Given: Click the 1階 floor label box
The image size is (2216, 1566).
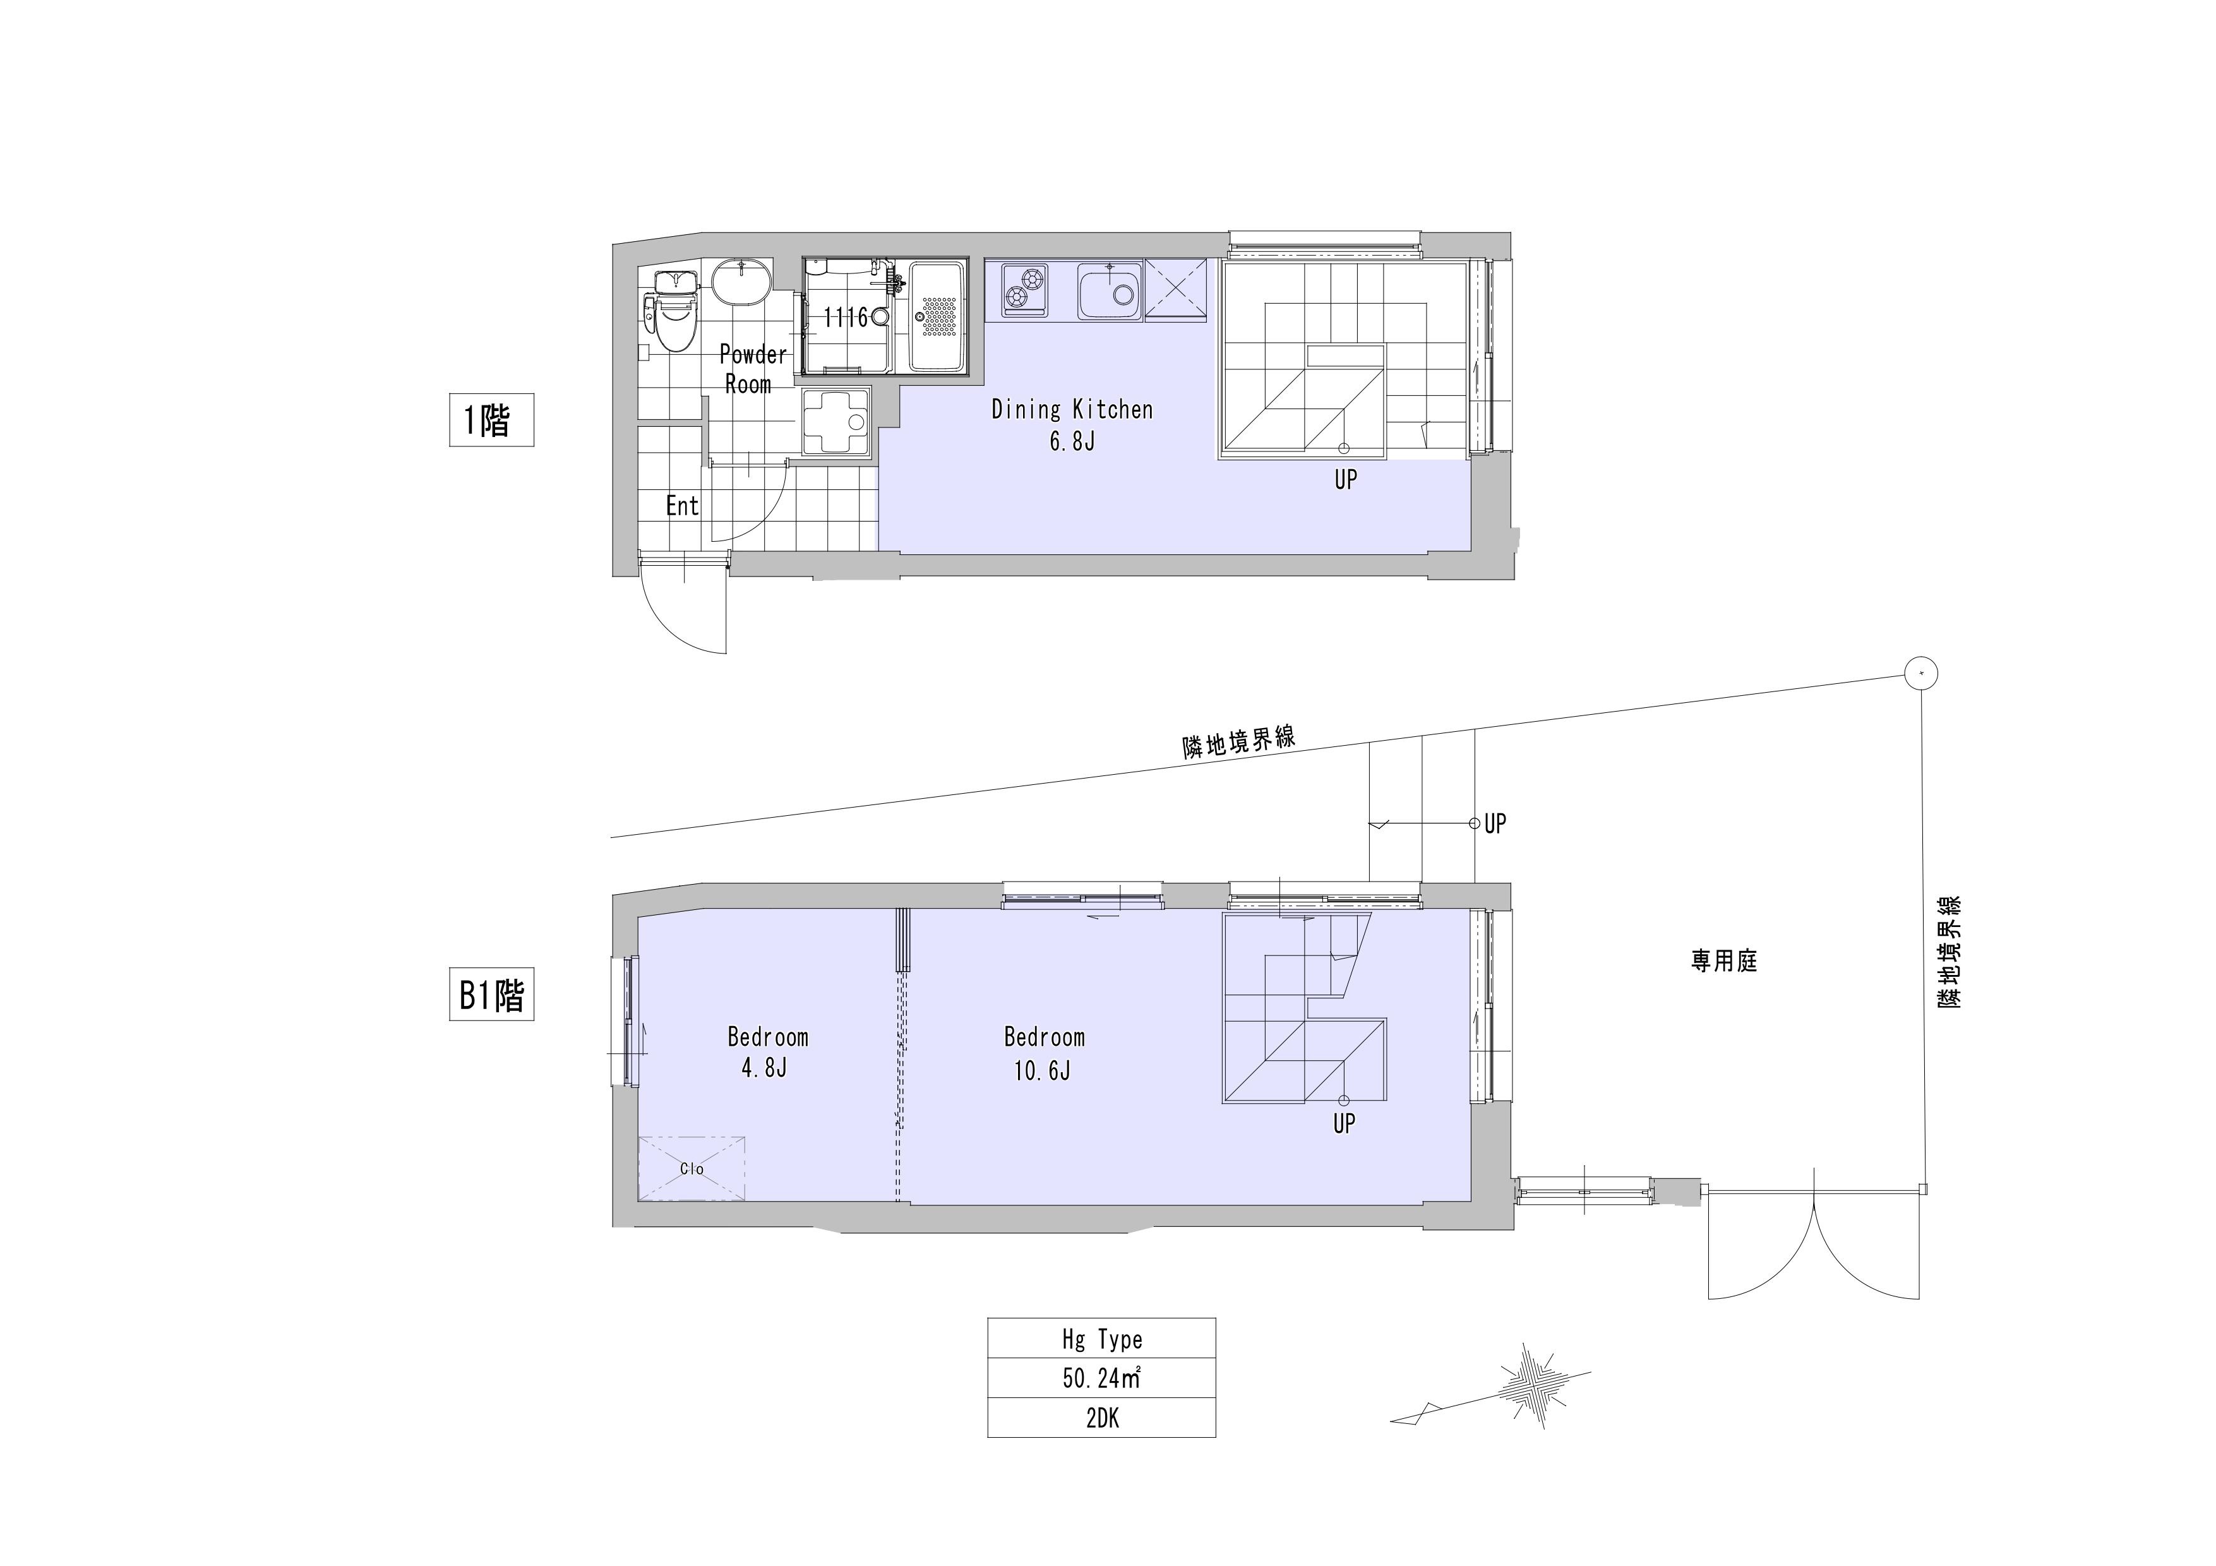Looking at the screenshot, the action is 491,420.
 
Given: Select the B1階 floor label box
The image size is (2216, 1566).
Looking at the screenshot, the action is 491,995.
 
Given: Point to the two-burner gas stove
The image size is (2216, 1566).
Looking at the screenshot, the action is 1025,289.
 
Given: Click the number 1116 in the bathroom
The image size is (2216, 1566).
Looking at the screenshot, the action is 846,318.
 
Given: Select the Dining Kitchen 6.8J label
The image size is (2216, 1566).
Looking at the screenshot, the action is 1072,424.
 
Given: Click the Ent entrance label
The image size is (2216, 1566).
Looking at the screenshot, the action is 683,506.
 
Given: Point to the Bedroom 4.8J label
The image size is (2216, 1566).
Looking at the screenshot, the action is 767,1052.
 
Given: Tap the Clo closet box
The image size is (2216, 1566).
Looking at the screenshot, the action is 691,1168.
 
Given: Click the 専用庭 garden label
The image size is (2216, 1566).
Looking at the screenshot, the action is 1724,961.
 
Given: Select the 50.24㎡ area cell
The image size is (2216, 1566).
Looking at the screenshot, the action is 1101,1378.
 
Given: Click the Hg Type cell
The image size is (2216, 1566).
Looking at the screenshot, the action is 1101,1338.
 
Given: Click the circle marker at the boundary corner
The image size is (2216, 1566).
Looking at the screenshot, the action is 1922,672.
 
